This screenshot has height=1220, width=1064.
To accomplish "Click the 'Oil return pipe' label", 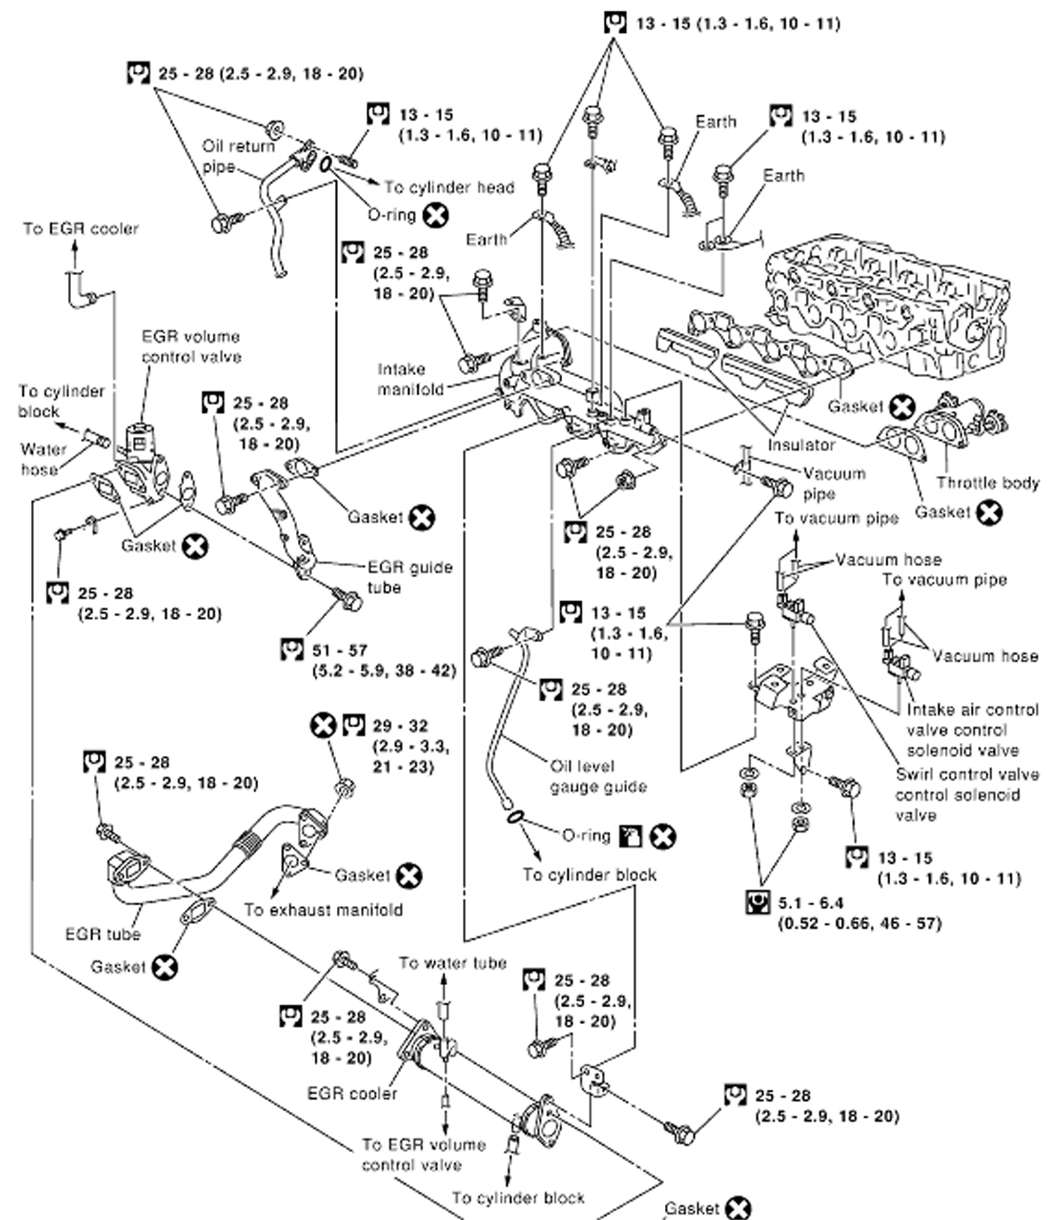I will (238, 156).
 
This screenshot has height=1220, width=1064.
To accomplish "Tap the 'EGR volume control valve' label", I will (191, 347).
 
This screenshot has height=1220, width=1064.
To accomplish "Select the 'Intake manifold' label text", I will (409, 379).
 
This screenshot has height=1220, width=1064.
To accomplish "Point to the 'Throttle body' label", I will (988, 483).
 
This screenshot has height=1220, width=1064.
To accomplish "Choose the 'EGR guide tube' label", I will (409, 577).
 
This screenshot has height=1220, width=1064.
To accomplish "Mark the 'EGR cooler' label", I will (352, 1093).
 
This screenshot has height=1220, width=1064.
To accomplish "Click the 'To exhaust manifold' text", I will (323, 910).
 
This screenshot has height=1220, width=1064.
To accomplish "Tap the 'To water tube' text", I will (452, 963).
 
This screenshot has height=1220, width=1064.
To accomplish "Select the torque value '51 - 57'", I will (340, 650).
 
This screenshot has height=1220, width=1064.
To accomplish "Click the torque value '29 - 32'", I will (400, 725).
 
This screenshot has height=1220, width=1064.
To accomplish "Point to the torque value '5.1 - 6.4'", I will (810, 903).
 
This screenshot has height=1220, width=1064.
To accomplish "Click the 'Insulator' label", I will (802, 444).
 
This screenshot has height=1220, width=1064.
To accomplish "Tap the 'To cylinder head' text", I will (449, 187).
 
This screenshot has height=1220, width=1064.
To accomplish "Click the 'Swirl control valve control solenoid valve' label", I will (966, 794).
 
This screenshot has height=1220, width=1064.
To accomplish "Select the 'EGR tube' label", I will (103, 934).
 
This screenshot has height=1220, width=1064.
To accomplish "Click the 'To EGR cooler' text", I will (81, 229).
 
